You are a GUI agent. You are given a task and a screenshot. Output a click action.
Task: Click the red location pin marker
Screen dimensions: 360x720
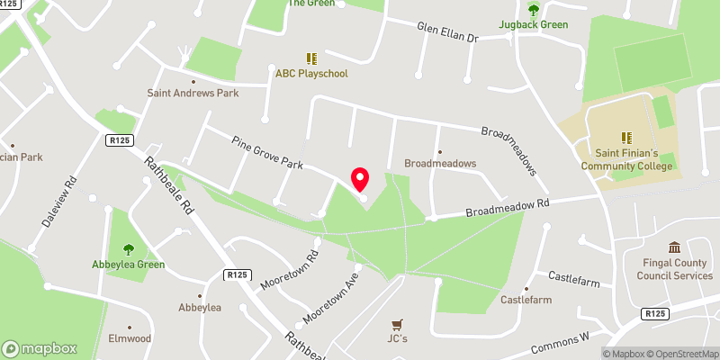pyautogui.click(x=360, y=179)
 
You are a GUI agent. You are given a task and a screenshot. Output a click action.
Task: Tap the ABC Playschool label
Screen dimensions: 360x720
pyautogui.click(x=311, y=74)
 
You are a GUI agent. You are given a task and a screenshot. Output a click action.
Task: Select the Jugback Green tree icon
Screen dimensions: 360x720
pyautogui.click(x=534, y=10)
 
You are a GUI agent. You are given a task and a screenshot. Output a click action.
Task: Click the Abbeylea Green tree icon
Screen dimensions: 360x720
pyautogui.click(x=127, y=249)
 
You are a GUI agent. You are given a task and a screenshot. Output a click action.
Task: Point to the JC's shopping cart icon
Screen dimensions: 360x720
pyautogui.click(x=398, y=324)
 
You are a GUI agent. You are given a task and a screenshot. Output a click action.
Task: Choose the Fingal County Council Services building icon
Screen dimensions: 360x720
pyautogui.click(x=674, y=247)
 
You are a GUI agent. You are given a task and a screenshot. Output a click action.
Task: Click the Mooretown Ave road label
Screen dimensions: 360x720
pyautogui.click(x=332, y=300)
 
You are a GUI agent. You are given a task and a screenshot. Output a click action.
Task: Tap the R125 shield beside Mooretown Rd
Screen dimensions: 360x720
pyautogui.click(x=238, y=274)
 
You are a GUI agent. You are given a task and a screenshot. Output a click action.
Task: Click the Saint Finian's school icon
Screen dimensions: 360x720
pyautogui.click(x=627, y=138)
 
